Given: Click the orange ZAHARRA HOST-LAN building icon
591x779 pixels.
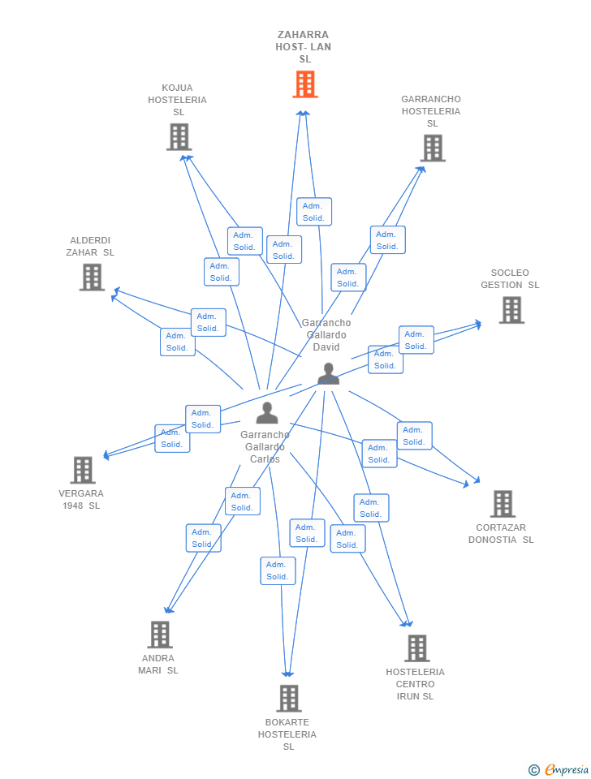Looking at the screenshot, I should pyautogui.click(x=305, y=84).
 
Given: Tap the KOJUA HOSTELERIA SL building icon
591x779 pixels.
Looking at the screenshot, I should pyautogui.click(x=179, y=136).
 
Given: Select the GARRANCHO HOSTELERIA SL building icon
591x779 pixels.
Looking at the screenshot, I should pyautogui.click(x=433, y=148).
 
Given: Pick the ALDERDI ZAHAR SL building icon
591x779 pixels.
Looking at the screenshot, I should pyautogui.click(x=92, y=277).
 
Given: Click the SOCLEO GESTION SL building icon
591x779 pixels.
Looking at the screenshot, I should pyautogui.click(x=511, y=309).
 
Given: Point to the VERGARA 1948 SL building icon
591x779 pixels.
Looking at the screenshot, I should pyautogui.click(x=82, y=470).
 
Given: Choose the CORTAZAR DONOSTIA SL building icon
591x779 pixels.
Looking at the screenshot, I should pyautogui.click(x=503, y=504).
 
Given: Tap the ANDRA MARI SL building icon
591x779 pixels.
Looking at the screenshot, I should pyautogui.click(x=160, y=634).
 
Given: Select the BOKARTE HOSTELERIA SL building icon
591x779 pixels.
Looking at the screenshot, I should pyautogui.click(x=288, y=698).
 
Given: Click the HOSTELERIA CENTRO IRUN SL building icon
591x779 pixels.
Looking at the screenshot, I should pyautogui.click(x=416, y=648).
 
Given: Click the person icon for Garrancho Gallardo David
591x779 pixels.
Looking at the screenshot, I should pyautogui.click(x=328, y=373).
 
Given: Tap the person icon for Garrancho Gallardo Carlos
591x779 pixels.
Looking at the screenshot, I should pyautogui.click(x=266, y=413).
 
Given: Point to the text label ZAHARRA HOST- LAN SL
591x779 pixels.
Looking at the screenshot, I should pyautogui.click(x=304, y=47).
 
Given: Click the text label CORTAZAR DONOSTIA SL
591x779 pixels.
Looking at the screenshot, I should pyautogui.click(x=501, y=534).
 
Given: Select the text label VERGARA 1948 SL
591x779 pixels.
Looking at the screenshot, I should pyautogui.click(x=81, y=500).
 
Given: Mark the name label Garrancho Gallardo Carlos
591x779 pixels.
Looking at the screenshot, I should pyautogui.click(x=265, y=447).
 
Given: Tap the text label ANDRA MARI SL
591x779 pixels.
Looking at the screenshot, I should pyautogui.click(x=158, y=664).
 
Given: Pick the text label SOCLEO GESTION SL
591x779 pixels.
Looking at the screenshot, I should pyautogui.click(x=510, y=279).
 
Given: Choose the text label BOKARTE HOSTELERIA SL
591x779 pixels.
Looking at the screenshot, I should pyautogui.click(x=287, y=734).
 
